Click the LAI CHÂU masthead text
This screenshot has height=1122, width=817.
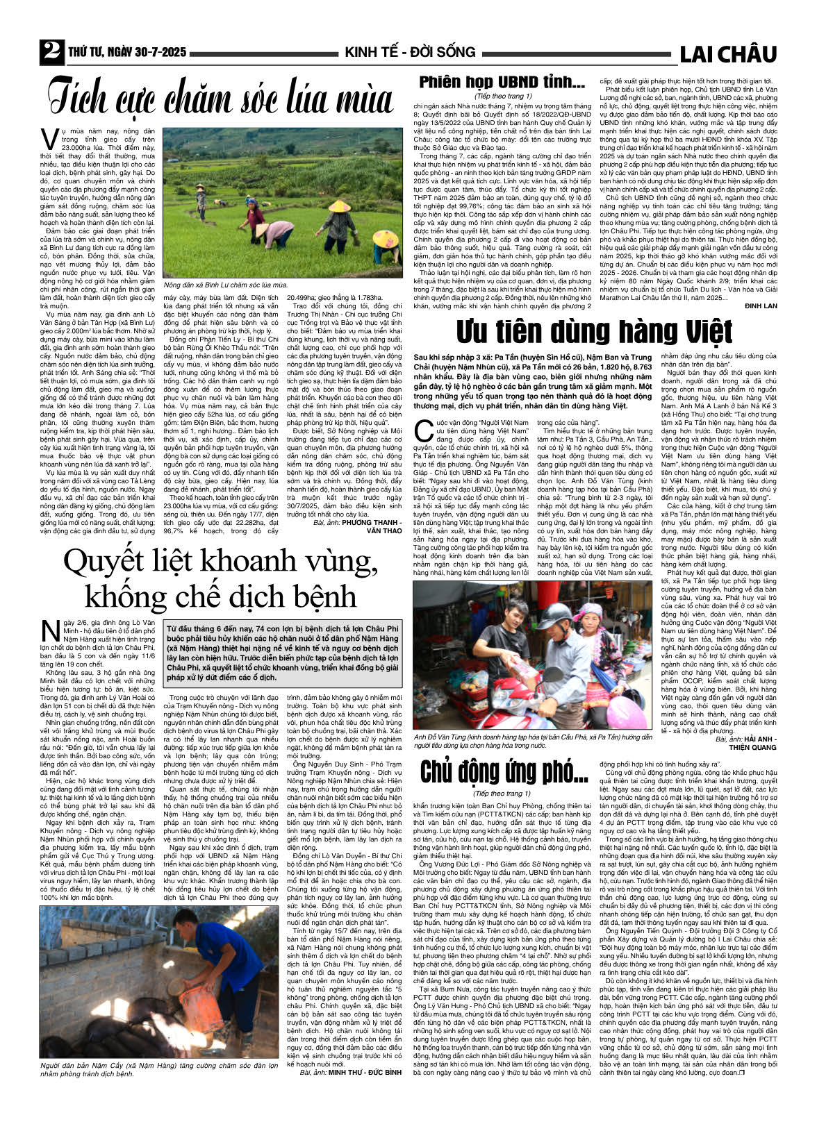pos(727,53)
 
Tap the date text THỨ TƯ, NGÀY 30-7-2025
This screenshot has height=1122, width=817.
pos(127,53)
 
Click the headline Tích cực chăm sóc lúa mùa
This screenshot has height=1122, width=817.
pos(221,98)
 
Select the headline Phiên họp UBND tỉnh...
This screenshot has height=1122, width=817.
pos(502,82)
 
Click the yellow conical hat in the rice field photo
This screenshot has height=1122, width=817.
pos(340,206)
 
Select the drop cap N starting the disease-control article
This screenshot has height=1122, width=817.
pos(50,631)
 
